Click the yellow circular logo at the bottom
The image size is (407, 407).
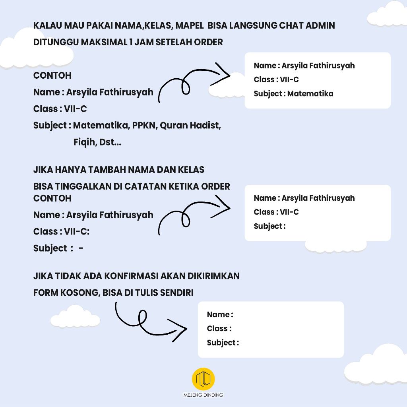click(x=203, y=379)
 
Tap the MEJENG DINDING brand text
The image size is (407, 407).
click(x=203, y=395)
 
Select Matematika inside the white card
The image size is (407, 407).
click(x=310, y=94)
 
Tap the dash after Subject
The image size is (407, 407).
click(x=81, y=248)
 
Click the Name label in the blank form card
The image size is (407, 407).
click(x=219, y=315)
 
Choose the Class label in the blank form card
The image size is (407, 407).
click(x=218, y=329)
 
